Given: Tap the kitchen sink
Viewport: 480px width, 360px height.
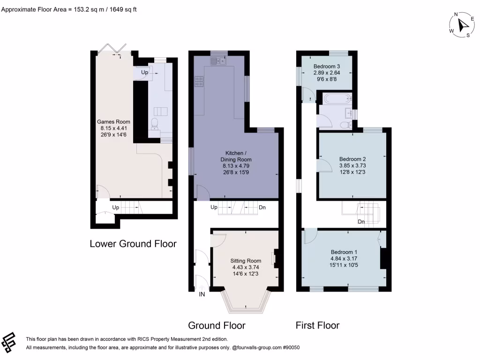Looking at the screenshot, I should pos(218,60).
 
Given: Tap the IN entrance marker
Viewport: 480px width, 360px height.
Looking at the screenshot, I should pos(202,294).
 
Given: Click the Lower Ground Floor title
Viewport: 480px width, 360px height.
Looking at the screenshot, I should pos(133,244).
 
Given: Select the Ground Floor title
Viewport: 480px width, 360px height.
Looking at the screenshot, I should pos(217,325).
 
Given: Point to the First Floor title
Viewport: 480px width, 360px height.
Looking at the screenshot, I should pos(317,325).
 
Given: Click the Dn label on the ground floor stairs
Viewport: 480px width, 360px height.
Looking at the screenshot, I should pos(262,207).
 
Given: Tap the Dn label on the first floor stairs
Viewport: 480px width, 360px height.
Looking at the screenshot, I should pos(361,222).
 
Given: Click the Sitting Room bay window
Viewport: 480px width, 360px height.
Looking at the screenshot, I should pos(246,302).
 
